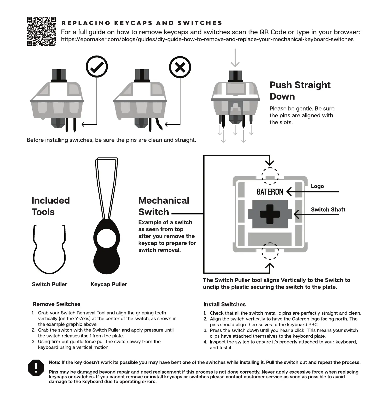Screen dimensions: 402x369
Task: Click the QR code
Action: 41,31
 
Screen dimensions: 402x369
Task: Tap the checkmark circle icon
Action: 97,67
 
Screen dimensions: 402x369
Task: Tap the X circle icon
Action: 180,67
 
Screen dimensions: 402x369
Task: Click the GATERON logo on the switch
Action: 270,192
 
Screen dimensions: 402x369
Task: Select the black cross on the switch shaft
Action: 270,214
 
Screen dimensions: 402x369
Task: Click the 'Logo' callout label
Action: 317,186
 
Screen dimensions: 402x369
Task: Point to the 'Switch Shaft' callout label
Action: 328,210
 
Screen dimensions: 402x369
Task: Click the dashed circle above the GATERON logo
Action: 270,176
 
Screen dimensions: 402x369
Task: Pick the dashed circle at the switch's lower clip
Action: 270,251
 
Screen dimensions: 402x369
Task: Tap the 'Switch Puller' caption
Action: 50,284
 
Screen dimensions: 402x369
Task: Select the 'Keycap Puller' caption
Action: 109,284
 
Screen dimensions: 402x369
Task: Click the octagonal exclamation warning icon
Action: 36,368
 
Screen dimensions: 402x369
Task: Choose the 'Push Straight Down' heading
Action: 300,91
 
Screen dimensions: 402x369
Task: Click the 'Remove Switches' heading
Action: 57,304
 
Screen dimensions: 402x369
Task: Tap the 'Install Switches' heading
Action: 224,304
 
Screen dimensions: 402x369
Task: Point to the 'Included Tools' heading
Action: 51,206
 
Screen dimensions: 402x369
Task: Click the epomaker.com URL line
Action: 207,39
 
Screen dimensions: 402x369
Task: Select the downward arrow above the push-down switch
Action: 235,58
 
